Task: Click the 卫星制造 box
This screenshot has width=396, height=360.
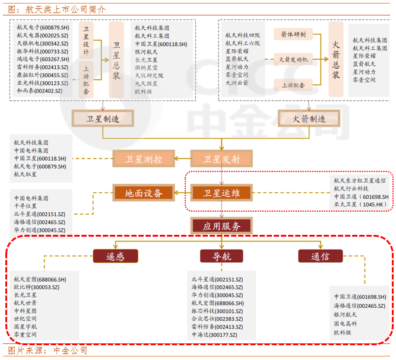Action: click(103, 119)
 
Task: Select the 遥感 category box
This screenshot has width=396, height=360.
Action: click(115, 256)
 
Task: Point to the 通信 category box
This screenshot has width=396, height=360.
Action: click(321, 256)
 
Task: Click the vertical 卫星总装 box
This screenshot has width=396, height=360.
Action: click(116, 59)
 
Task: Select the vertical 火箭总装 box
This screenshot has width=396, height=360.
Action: click(336, 59)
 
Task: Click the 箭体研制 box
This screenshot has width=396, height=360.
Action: click(293, 34)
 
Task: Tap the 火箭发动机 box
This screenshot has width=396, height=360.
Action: click(293, 59)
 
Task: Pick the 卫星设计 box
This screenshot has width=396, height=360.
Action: click(87, 39)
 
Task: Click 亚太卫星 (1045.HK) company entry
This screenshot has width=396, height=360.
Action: click(360, 205)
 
